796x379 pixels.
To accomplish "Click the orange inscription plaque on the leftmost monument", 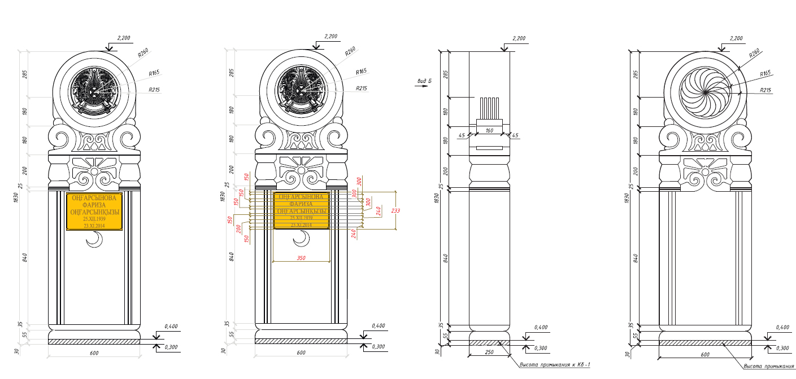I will click(94, 211).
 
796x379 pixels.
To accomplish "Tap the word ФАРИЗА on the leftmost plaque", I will click(94, 205).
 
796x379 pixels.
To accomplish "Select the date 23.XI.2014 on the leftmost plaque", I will click(94, 226).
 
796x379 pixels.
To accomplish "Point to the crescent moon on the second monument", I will click(302, 241).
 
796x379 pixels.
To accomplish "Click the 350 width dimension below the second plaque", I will click(301, 258).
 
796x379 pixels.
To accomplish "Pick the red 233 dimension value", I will click(396, 210).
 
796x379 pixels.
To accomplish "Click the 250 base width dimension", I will click(489, 352).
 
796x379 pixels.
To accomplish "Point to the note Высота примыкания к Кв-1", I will click(554, 365).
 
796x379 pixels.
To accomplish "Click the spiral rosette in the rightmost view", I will click(705, 89).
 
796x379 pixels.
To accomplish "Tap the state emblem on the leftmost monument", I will click(94, 90).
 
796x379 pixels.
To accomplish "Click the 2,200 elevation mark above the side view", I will click(519, 38).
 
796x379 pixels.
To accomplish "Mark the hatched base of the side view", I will click(489, 342).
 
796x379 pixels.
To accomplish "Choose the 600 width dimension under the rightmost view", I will click(705, 354).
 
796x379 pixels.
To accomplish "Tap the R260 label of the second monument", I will click(350, 51).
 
